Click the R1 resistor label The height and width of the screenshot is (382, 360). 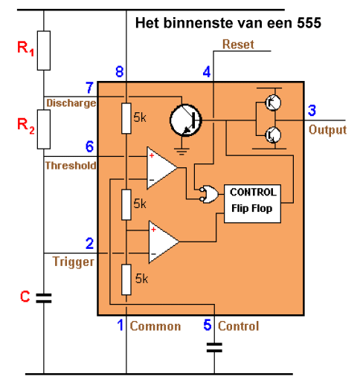coord(25,48)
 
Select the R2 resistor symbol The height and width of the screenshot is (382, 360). coord(44,129)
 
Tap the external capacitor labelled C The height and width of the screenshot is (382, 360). coord(44,298)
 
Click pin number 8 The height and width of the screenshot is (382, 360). coord(120,71)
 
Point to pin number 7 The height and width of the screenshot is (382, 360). coord(89,88)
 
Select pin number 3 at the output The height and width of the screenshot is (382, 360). coord(312,110)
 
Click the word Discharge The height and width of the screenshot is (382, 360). coord(71,103)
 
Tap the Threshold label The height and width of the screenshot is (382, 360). coord(71,166)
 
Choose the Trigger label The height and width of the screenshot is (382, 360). coord(74,262)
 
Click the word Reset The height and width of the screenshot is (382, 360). coord(238,45)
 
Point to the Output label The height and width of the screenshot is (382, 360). coord(327,130)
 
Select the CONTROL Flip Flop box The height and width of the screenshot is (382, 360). coord(252,204)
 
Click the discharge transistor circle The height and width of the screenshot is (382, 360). coord(186,120)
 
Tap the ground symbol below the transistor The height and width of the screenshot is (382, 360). coord(181,152)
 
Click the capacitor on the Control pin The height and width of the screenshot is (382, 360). coord(214,347)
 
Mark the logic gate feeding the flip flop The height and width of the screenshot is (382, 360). coord(210,195)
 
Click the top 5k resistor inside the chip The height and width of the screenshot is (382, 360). coord(126,118)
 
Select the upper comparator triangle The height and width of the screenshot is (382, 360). coord(162,168)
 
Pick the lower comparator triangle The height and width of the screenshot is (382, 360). coord(164,242)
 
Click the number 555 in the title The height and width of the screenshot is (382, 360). coord(309,23)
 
